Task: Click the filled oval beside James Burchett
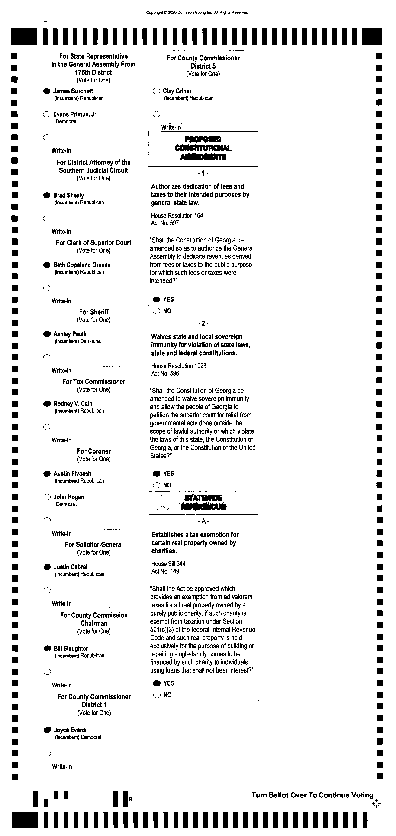(47, 91)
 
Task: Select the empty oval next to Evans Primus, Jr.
(47, 114)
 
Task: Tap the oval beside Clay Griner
(156, 91)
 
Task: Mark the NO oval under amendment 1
(157, 311)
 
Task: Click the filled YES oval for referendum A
(157, 683)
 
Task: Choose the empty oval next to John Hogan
(47, 497)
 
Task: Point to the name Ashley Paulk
(70, 334)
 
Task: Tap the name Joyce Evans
(70, 730)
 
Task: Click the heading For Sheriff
(94, 312)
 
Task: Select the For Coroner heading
(94, 451)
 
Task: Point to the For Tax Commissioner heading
(94, 382)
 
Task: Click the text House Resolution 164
(177, 216)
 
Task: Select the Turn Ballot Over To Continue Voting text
(312, 795)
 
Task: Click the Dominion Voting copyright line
(197, 13)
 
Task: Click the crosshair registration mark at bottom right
(376, 803)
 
